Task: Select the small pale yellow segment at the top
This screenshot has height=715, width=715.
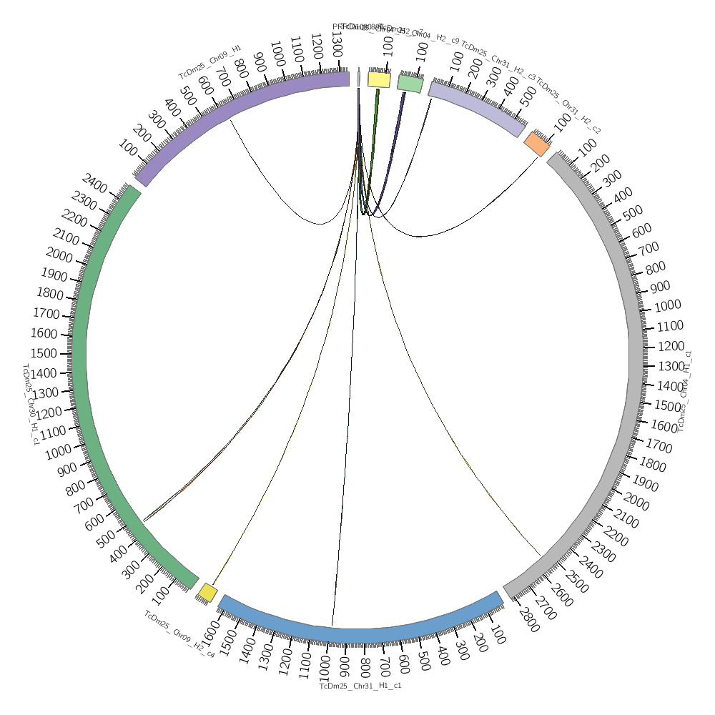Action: (379, 79)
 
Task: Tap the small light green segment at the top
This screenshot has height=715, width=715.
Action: (410, 84)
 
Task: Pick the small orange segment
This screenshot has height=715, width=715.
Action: (536, 144)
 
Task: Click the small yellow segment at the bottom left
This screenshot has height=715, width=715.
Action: (207, 592)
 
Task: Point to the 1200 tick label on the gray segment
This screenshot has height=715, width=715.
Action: (670, 346)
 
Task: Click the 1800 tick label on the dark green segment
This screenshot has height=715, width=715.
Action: (51, 294)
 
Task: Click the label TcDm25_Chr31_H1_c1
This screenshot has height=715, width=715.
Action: (360, 686)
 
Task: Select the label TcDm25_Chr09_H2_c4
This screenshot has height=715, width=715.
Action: (179, 633)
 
